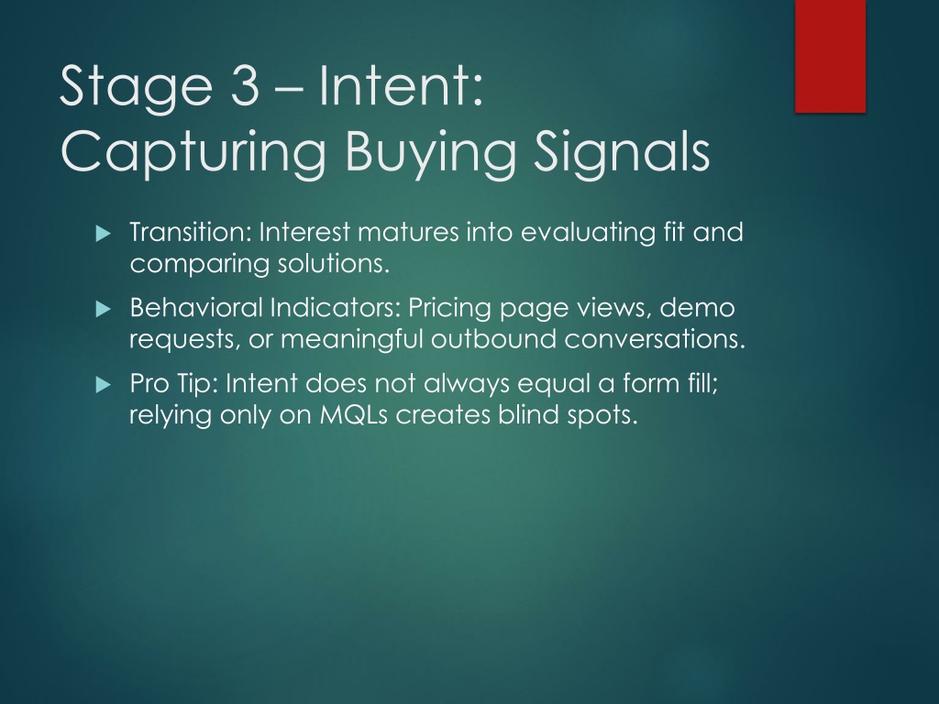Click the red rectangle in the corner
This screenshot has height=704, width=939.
click(830, 56)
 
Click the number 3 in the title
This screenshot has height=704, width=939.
click(244, 85)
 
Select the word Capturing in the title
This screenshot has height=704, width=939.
click(193, 153)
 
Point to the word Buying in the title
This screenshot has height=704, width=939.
click(430, 153)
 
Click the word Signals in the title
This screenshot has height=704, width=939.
click(622, 153)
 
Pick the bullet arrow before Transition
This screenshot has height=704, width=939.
click(104, 233)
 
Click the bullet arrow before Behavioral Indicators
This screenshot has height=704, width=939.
click(104, 309)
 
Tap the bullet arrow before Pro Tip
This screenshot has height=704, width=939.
click(104, 384)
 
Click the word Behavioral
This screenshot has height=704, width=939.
click(196, 307)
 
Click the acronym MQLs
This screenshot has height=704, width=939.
click(353, 414)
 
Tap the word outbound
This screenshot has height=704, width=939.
click(493, 338)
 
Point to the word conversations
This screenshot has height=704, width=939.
click(655, 338)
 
